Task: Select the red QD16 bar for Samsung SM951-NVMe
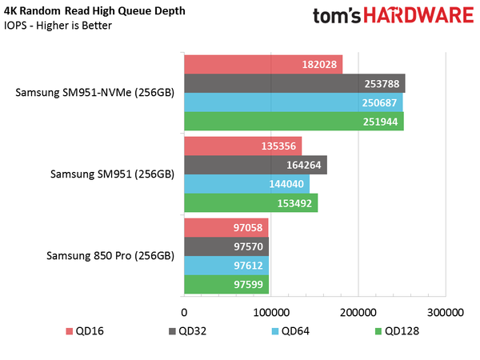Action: tap(263, 64)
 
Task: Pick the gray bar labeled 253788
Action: tap(294, 83)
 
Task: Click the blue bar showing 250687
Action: tap(294, 102)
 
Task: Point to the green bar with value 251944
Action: tap(294, 122)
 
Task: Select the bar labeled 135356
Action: tap(243, 146)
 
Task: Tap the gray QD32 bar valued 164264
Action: tap(255, 165)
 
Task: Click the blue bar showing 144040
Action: tap(246, 184)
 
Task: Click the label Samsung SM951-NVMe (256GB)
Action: tap(94, 93)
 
